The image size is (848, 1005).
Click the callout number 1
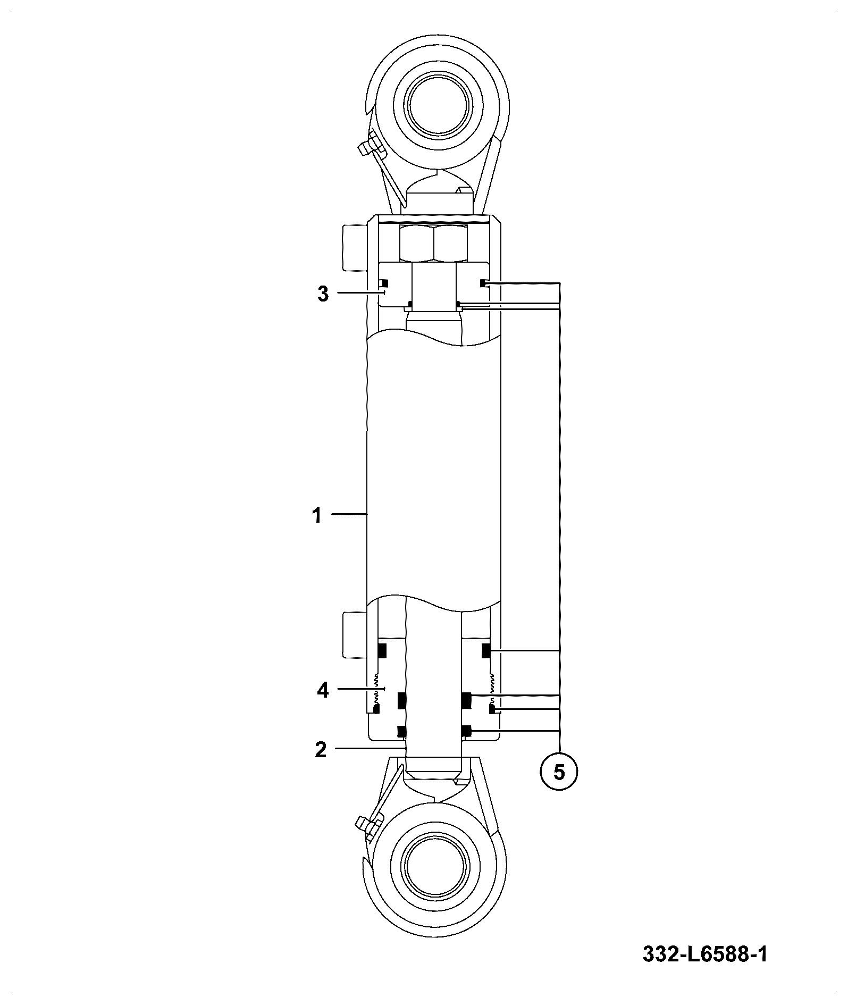pyautogui.click(x=317, y=515)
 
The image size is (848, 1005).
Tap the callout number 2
pyautogui.click(x=321, y=750)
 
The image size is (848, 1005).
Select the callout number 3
pyautogui.click(x=323, y=294)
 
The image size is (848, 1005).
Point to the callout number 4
pyautogui.click(x=323, y=691)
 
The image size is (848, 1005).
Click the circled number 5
pyautogui.click(x=559, y=772)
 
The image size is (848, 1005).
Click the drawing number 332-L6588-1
pyautogui.click(x=705, y=954)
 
